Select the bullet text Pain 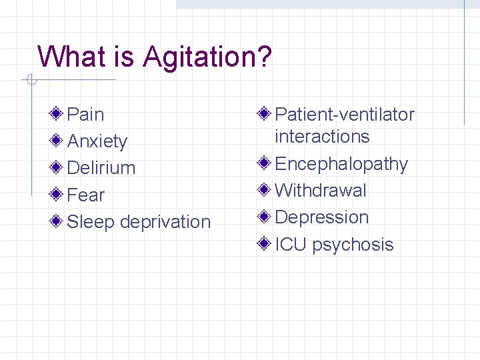pos(86,115)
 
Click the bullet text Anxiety pos(97,141)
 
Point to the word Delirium pos(101,168)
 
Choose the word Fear pos(86,195)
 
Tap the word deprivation pos(166,222)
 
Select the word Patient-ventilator pos(345,115)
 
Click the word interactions pos(322,137)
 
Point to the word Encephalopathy pos(341,164)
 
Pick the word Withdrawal pos(321,191)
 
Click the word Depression pos(322,217)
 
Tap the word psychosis pos(353,245)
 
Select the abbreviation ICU pos(291,245)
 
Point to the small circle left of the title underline pos(31,81)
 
